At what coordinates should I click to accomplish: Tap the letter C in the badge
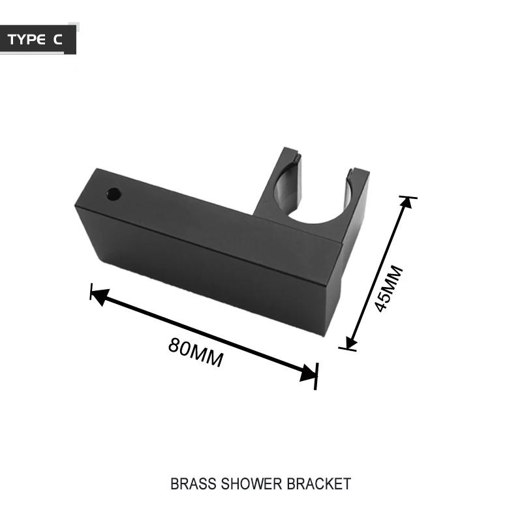click(x=58, y=40)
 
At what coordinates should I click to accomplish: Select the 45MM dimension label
click(x=390, y=288)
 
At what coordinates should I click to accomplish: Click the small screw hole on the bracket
click(x=114, y=194)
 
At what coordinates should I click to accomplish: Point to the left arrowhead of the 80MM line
click(x=99, y=296)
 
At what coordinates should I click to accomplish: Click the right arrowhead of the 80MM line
click(x=308, y=373)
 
